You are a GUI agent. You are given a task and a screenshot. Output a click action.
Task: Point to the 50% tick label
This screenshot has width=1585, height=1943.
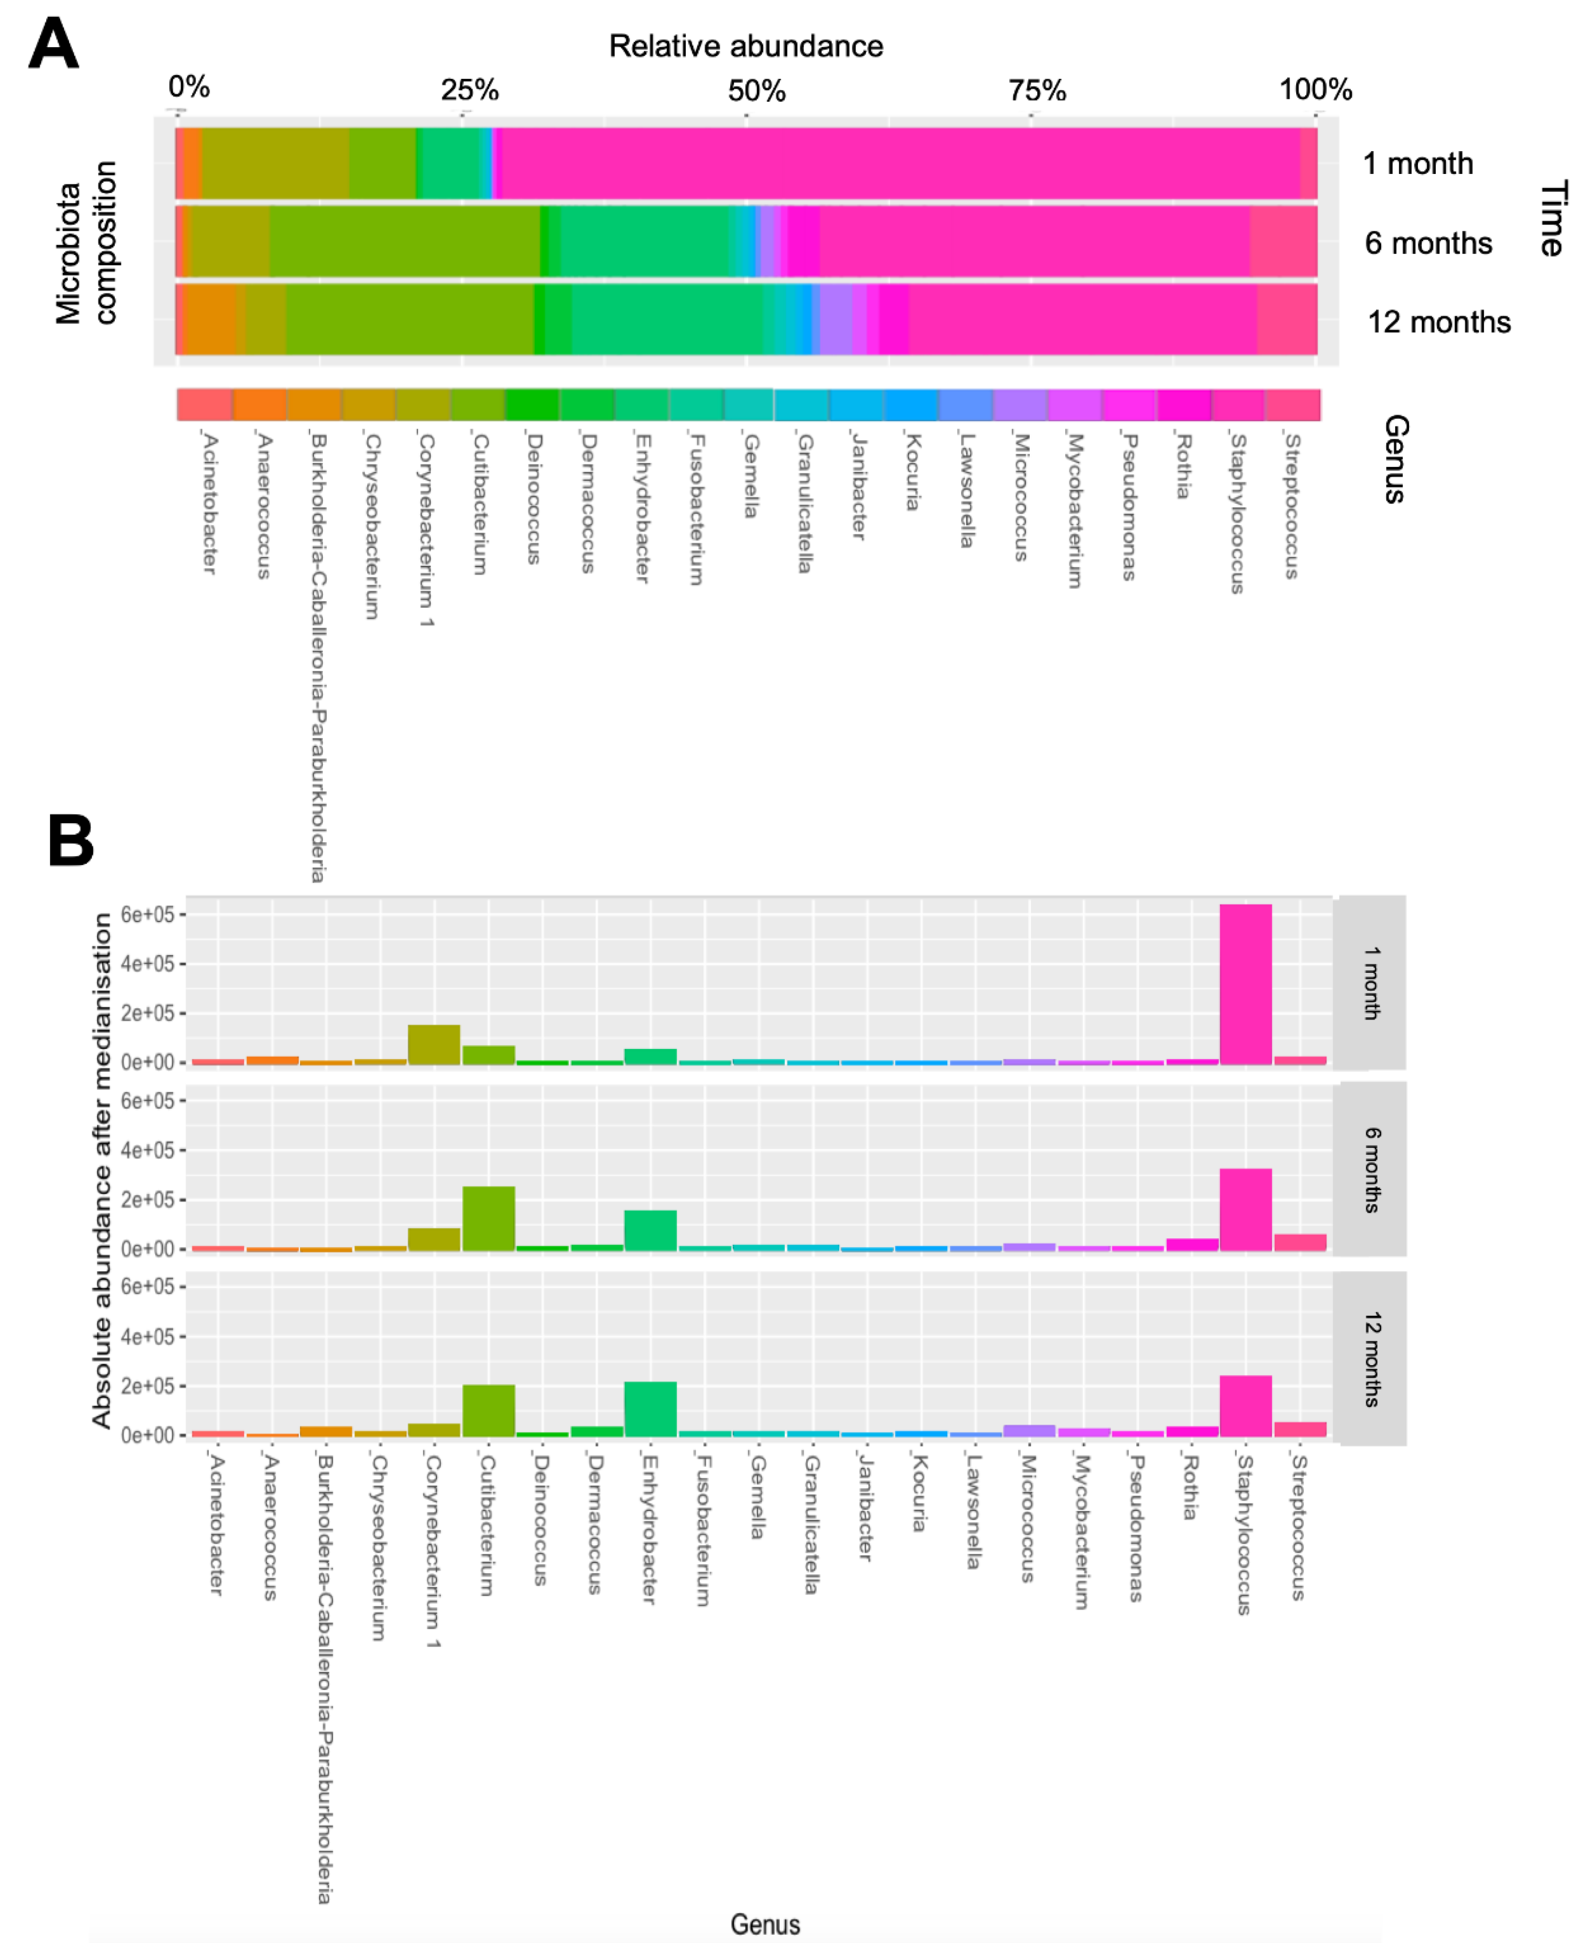(x=756, y=90)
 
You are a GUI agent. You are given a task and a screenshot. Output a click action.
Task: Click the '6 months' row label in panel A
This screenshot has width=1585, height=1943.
(x=1428, y=243)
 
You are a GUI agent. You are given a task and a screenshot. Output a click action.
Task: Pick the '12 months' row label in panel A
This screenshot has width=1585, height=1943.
(x=1438, y=322)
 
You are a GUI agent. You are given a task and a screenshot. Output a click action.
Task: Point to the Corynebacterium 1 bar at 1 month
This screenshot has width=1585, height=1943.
(x=433, y=1045)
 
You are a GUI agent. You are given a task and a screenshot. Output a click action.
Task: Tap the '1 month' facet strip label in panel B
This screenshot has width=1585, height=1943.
(x=1370, y=983)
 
